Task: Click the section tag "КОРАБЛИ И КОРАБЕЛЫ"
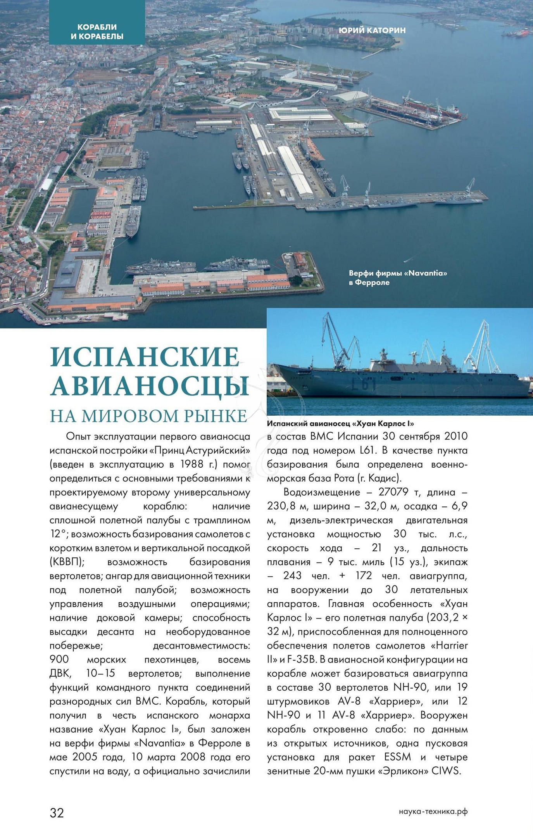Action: click(x=97, y=32)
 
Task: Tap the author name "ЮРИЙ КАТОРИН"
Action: click(x=372, y=30)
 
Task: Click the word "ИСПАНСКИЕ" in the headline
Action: click(x=145, y=357)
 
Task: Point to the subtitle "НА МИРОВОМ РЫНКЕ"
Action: click(x=148, y=416)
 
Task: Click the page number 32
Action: click(x=57, y=812)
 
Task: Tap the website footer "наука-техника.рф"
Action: click(x=433, y=812)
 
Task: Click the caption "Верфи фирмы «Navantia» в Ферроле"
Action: click(x=398, y=278)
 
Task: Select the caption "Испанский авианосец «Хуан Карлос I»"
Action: click(x=340, y=423)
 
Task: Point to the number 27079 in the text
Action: click(x=393, y=492)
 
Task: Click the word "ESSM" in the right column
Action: click(x=397, y=757)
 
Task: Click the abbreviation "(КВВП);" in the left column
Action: click(x=67, y=562)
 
